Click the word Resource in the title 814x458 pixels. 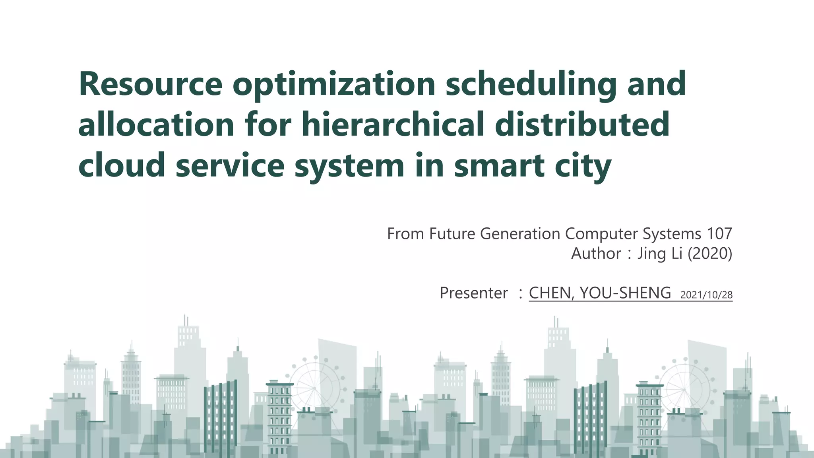150,84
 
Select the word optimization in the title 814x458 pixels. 334,84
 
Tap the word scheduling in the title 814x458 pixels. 531,84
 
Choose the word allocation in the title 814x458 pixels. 156,125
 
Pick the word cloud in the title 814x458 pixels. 122,165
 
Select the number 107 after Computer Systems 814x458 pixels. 719,234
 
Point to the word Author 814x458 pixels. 596,254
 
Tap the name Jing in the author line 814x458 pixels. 651,254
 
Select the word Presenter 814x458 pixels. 473,293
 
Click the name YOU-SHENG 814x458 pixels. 625,293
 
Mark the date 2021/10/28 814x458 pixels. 706,295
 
